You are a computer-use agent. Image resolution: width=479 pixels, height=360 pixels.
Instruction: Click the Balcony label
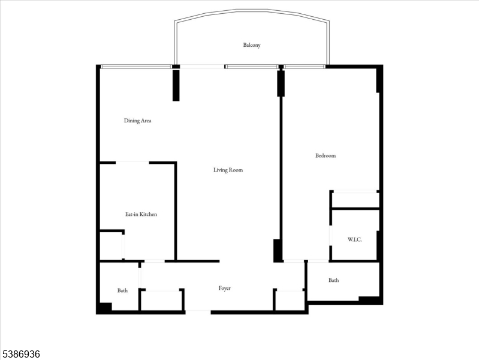tap(252, 45)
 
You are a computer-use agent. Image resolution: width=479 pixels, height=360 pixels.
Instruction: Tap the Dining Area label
tap(137, 121)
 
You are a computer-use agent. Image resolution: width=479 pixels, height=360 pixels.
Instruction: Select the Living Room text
tap(228, 170)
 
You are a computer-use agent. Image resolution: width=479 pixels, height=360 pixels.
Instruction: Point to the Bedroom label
tap(326, 155)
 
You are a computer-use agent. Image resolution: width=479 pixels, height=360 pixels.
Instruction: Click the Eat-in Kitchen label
tap(141, 214)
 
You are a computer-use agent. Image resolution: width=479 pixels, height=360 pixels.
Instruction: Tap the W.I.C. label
tap(355, 239)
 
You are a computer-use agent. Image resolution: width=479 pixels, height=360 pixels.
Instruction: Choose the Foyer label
tap(225, 288)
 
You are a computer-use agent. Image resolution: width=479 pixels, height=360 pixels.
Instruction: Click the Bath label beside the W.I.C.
tap(333, 280)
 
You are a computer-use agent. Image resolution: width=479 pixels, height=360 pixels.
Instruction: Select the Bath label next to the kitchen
tap(122, 290)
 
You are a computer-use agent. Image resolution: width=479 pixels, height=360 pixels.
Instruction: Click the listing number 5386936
tap(20, 354)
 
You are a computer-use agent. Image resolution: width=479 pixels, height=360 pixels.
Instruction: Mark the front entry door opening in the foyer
tap(198, 312)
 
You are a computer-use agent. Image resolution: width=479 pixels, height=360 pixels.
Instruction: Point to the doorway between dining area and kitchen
tap(132, 163)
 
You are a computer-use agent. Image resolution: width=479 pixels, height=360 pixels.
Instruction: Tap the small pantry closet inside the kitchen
tap(111, 245)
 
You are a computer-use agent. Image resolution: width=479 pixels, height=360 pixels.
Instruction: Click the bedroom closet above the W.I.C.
tap(356, 200)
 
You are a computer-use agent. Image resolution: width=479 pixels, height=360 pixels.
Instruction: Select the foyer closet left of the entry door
tap(162, 301)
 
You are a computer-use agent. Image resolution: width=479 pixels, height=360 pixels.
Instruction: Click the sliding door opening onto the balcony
tap(202, 67)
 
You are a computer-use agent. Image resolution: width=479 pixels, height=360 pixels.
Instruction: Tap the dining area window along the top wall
tap(136, 67)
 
